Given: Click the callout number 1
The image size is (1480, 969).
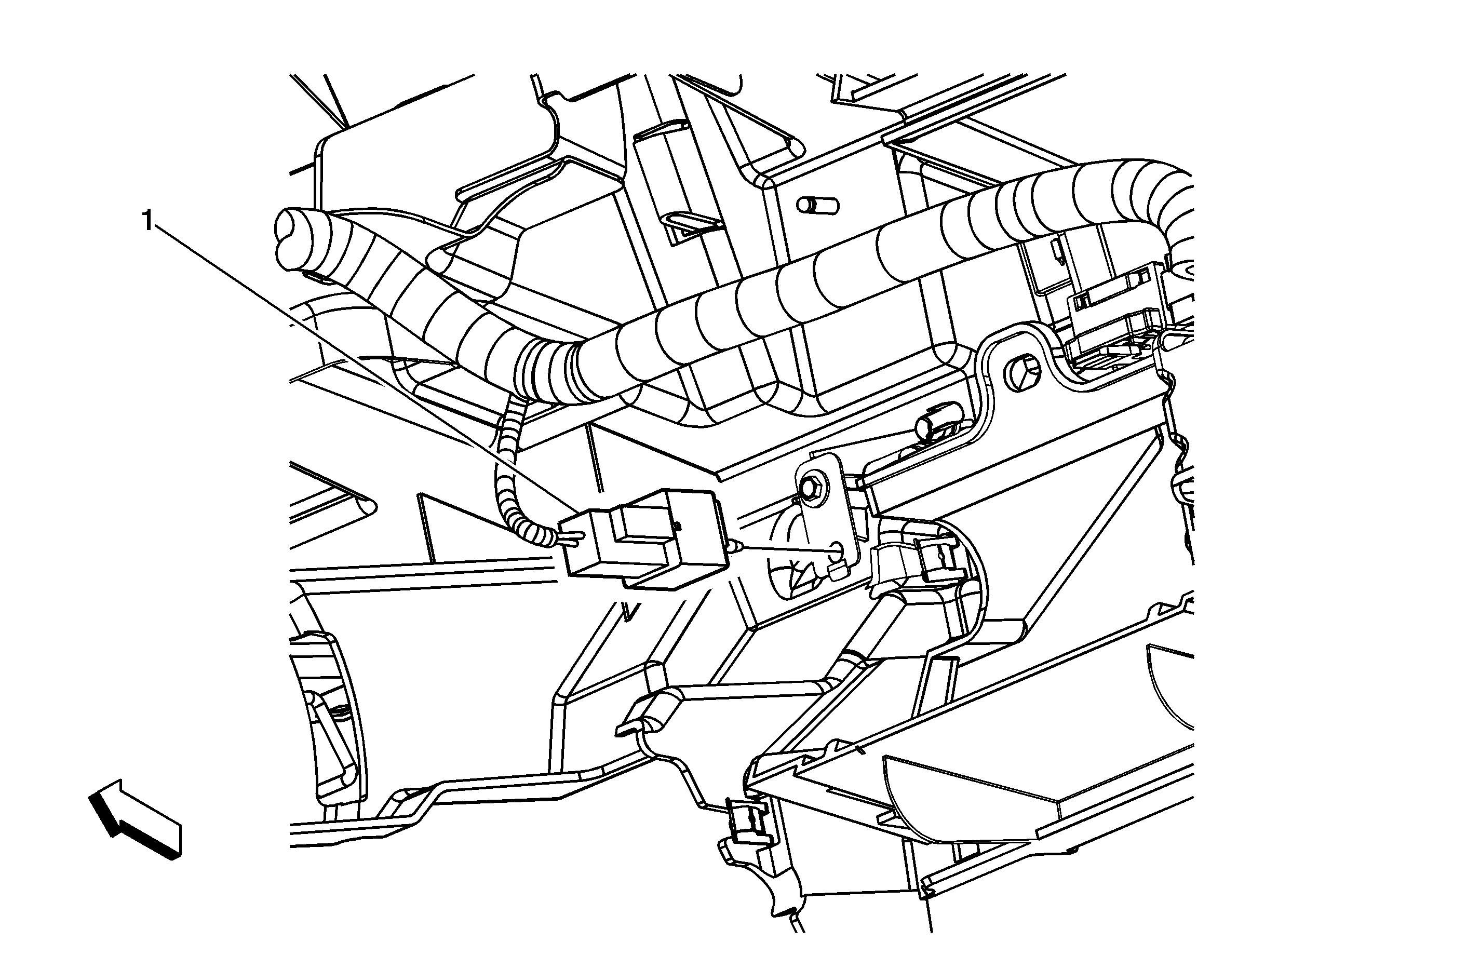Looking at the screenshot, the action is click(148, 221).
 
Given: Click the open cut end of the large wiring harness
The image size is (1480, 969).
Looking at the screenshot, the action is click(292, 240).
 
